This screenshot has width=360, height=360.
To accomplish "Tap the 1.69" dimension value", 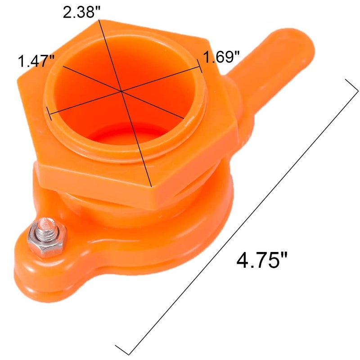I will click(x=221, y=57).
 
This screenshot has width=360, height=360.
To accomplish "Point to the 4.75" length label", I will click(x=262, y=261).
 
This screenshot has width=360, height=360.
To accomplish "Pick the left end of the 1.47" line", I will click(x=62, y=67).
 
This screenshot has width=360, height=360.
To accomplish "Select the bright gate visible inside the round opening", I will click(x=130, y=135).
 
